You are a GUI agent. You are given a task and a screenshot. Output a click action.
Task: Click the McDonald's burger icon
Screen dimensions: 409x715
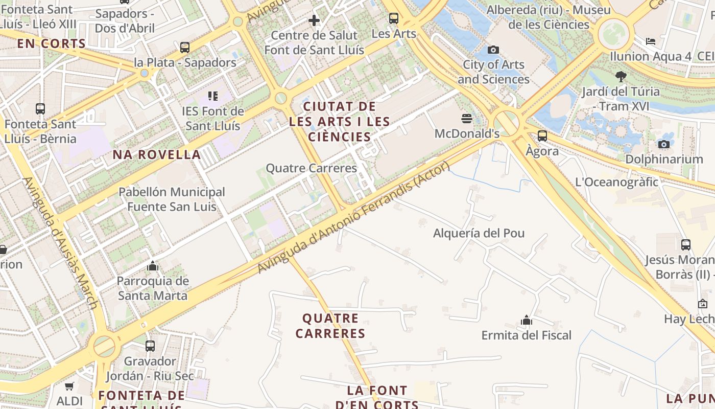coord(466,119)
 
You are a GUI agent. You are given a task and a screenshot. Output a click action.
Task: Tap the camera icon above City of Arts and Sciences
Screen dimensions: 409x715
coord(493,50)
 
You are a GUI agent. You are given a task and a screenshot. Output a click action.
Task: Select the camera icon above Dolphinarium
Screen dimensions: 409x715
coord(663,144)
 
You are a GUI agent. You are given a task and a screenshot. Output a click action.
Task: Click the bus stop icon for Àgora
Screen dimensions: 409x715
coord(542,136)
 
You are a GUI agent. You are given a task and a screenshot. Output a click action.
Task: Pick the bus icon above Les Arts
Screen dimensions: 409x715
coord(393,18)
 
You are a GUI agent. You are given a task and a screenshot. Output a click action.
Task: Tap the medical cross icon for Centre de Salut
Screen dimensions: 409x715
coord(314,20)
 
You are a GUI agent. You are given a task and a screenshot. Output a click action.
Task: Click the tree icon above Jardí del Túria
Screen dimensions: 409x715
coord(621,77)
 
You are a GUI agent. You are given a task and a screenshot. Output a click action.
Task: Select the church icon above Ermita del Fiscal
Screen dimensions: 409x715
coord(527,321)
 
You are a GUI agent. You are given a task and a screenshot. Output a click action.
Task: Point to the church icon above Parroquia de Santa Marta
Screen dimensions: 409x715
coord(152,266)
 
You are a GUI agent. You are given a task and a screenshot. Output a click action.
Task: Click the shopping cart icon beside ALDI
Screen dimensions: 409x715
coord(69,387)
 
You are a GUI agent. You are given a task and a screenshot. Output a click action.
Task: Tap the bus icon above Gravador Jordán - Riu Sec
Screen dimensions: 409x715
coord(150,346)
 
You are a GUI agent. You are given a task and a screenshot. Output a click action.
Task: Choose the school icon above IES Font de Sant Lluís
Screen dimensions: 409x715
coord(213,96)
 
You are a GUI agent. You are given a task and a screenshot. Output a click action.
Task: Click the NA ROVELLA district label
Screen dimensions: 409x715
coord(157,155)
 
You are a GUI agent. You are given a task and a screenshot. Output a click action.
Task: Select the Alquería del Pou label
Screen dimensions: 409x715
coord(479,233)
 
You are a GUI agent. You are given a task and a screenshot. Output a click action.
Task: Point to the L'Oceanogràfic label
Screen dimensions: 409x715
coord(616,182)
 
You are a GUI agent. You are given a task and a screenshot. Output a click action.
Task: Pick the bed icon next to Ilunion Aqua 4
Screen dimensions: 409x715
coord(650,41)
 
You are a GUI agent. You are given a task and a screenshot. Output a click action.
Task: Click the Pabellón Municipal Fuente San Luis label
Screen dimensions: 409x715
coord(172,199)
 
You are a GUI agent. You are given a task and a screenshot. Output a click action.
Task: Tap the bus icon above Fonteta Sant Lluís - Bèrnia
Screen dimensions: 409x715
coord(40,109)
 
